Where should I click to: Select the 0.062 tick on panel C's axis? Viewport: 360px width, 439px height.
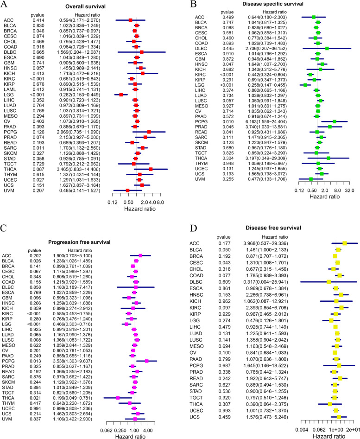tap(107, 429)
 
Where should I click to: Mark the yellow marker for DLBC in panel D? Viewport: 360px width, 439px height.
tap(328, 282)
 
